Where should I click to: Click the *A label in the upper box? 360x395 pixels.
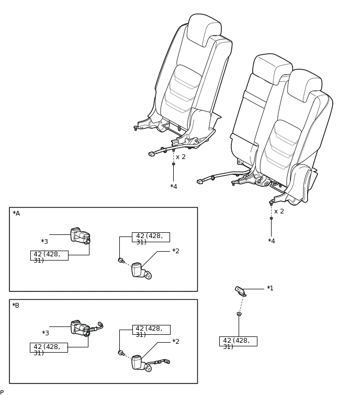tap(16, 213)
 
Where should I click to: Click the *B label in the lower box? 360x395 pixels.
tap(16, 306)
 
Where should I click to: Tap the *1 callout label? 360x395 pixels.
tap(270, 288)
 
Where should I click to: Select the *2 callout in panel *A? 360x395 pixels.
tap(176, 251)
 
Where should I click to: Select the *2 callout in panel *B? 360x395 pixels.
tap(176, 342)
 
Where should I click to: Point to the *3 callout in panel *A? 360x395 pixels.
tap(44, 242)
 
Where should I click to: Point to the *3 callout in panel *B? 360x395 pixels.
tap(46, 333)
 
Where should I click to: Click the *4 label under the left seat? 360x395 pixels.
tap(174, 187)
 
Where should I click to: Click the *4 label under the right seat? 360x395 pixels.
tap(272, 241)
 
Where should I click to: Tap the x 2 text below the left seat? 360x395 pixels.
tap(181, 157)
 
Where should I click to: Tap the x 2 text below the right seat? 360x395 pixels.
tap(279, 211)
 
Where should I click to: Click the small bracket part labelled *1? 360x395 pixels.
tap(240, 291)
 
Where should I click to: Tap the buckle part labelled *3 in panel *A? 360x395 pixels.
tap(80, 236)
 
